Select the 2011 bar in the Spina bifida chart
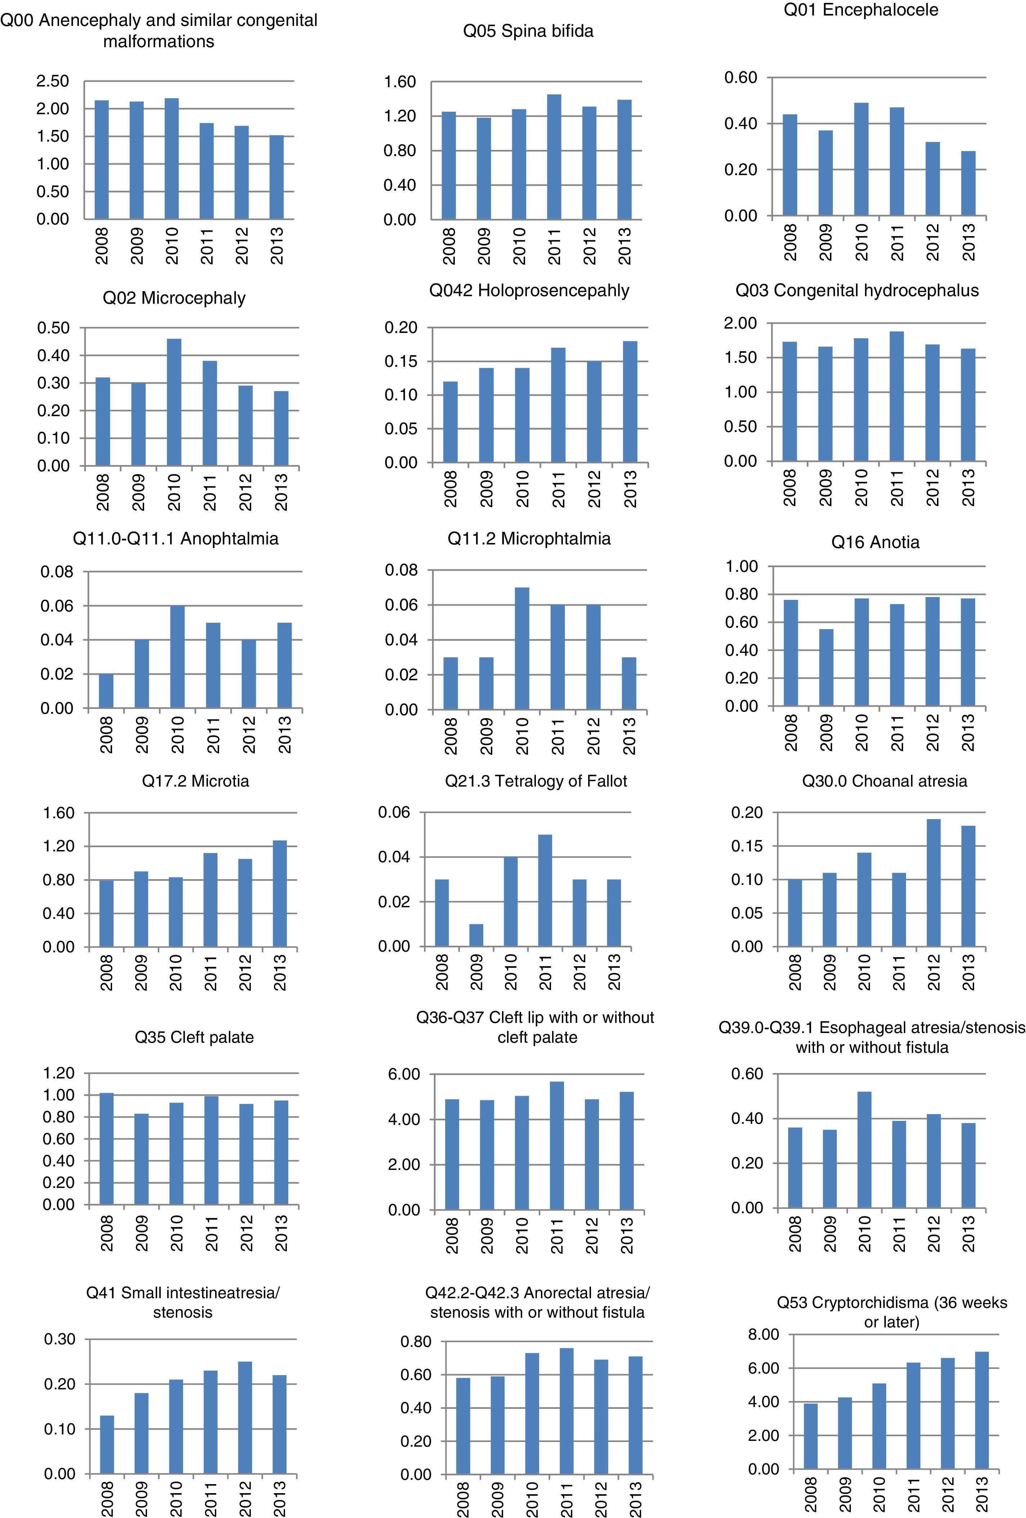tap(554, 157)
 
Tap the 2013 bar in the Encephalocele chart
tap(968, 183)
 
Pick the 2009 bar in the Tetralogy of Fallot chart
tap(476, 935)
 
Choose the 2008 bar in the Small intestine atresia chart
tap(107, 1445)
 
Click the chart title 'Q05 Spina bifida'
tap(528, 31)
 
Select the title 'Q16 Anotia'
tap(875, 542)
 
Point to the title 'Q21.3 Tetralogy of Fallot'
tap(536, 781)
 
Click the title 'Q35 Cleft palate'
tap(194, 1037)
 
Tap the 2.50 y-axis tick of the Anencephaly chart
tap(52, 81)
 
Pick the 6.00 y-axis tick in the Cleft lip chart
tap(404, 1074)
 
